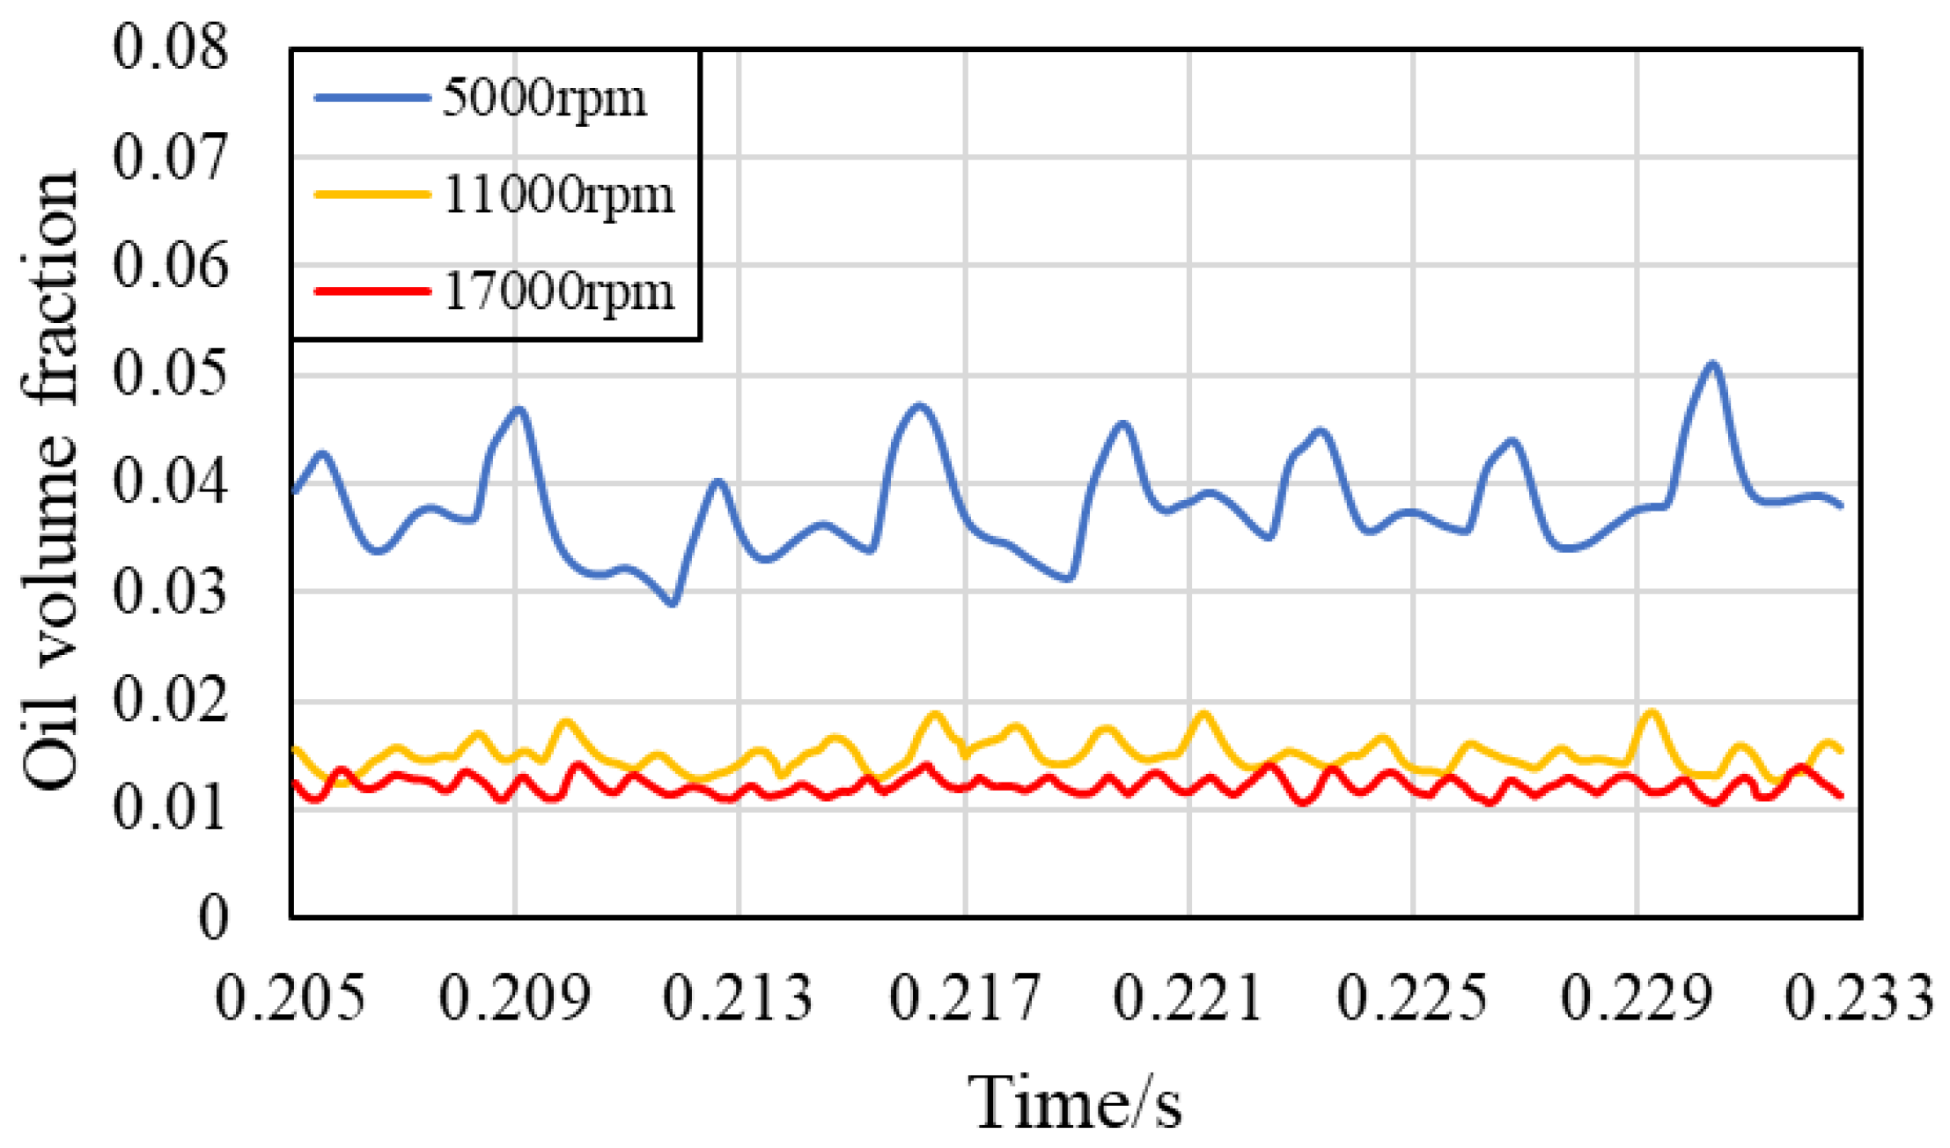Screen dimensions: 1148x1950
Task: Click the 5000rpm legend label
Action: [x=544, y=98]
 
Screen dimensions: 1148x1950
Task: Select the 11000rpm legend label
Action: [x=558, y=195]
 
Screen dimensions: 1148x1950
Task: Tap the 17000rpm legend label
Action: [x=558, y=291]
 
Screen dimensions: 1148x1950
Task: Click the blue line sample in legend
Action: [x=372, y=98]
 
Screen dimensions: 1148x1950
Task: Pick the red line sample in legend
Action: [x=372, y=291]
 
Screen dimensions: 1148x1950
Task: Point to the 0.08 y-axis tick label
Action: [x=170, y=48]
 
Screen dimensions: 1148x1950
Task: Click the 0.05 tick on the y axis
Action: [x=170, y=374]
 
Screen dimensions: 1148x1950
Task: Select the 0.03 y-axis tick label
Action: [x=170, y=592]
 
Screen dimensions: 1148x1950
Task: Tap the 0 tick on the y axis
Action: [x=212, y=918]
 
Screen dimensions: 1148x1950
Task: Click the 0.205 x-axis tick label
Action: [x=290, y=999]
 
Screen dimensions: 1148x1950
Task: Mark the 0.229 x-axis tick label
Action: [x=1637, y=999]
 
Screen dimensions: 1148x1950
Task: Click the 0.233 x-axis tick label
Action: [x=1859, y=999]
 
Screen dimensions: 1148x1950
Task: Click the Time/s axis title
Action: [x=1075, y=1103]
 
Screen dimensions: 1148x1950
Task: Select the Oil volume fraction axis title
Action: [x=50, y=480]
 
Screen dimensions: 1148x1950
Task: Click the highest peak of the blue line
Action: [x=1712, y=364]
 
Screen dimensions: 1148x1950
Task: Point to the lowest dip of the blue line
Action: [x=673, y=604]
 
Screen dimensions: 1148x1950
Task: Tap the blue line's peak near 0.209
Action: [x=519, y=409]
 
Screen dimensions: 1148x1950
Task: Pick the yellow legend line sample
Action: [x=372, y=195]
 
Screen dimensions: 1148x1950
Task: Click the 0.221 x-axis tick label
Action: [x=1188, y=999]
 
